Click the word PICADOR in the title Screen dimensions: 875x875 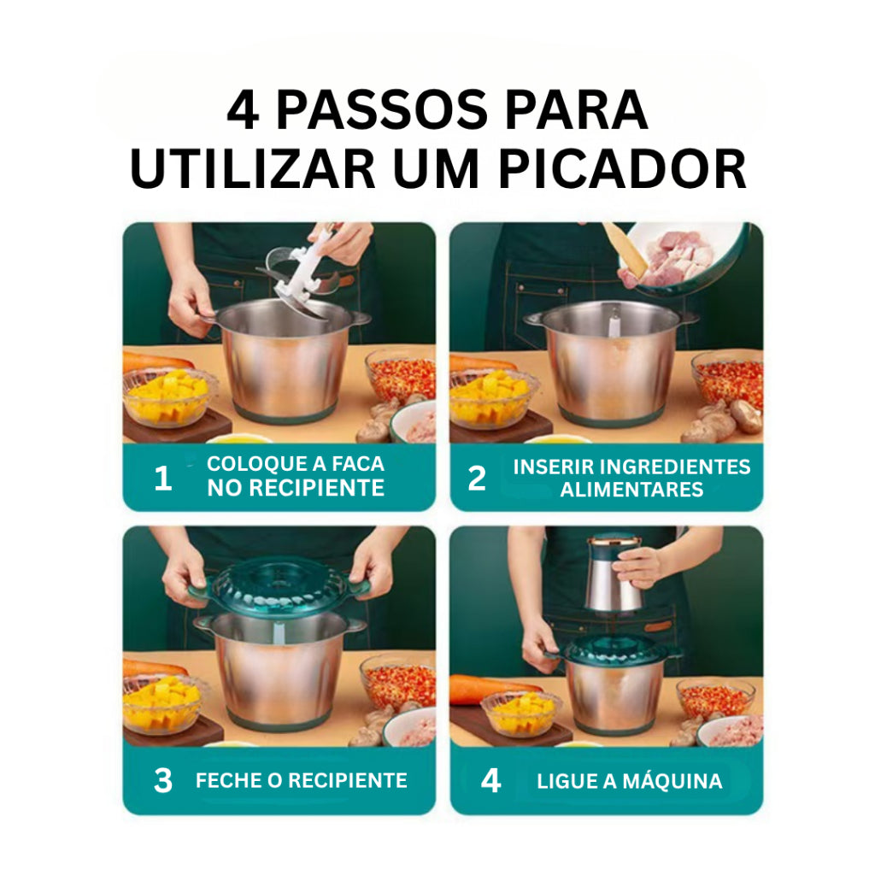click(622, 168)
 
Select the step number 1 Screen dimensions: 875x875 click(163, 479)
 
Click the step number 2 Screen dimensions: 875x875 click(477, 479)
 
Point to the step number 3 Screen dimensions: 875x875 click(163, 780)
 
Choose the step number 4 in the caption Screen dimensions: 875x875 click(490, 780)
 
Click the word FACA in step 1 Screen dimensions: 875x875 click(358, 464)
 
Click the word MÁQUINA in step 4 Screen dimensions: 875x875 click(672, 781)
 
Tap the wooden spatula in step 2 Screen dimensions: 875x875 click(625, 249)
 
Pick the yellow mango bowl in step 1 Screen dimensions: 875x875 click(168, 396)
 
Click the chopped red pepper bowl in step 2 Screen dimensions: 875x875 click(728, 379)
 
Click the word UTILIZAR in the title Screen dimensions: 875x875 click(252, 168)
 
